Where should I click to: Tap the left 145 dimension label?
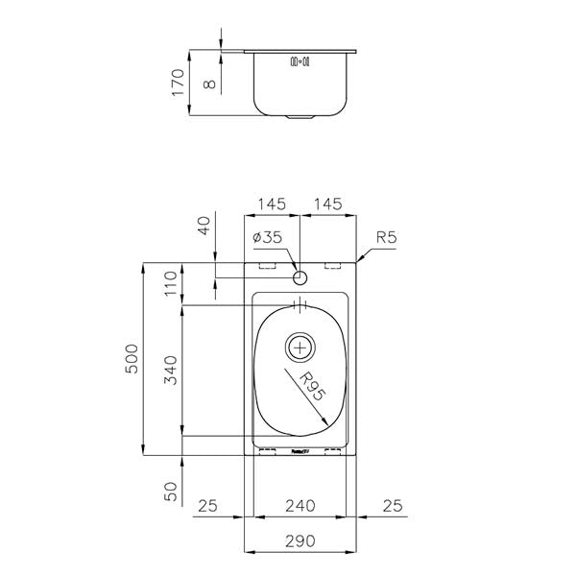click(x=272, y=204)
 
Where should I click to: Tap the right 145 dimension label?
click(x=328, y=204)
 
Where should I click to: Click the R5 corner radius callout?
click(x=387, y=237)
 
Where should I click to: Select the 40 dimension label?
click(x=203, y=228)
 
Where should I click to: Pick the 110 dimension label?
click(x=172, y=283)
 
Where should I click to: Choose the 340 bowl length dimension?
click(x=172, y=370)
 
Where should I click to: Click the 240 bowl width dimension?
click(x=300, y=505)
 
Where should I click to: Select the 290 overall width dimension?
click(x=300, y=540)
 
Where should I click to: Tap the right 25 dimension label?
click(x=392, y=505)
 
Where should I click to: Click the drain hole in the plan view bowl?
click(x=300, y=345)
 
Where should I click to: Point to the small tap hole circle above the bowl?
click(x=300, y=279)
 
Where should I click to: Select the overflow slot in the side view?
click(x=300, y=61)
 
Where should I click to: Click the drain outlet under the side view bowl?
click(x=300, y=118)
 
